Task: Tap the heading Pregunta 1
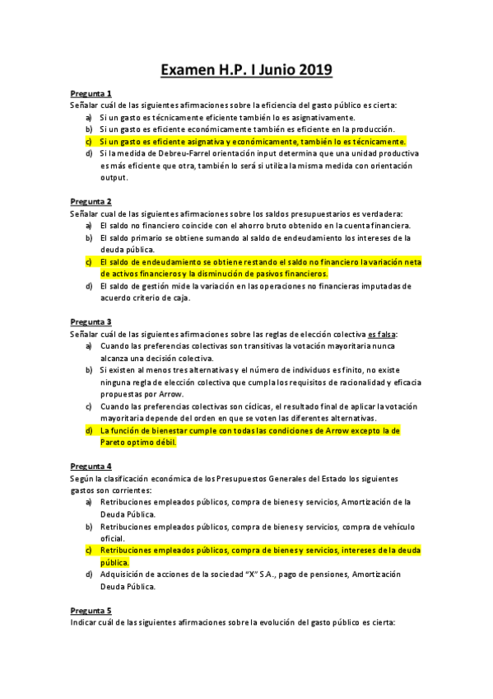pyautogui.click(x=91, y=93)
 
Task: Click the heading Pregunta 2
pyautogui.click(x=91, y=202)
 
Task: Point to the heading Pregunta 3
pyautogui.click(x=91, y=322)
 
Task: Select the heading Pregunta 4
pyautogui.click(x=91, y=466)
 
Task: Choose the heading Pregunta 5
pyautogui.click(x=91, y=610)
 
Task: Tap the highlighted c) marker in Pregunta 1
pyautogui.click(x=89, y=141)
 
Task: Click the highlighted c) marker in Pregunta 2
pyautogui.click(x=89, y=262)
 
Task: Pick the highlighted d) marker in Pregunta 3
pyautogui.click(x=89, y=430)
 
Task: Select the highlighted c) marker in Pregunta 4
pyautogui.click(x=89, y=550)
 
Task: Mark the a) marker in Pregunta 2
pyautogui.click(x=89, y=226)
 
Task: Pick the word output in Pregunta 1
pyautogui.click(x=114, y=177)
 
